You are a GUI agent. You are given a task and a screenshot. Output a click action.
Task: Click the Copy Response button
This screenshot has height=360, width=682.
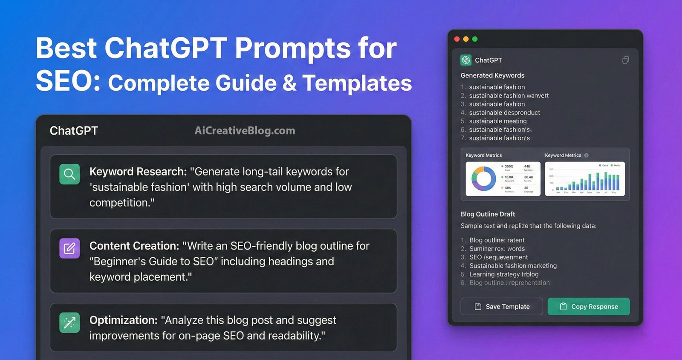(x=589, y=306)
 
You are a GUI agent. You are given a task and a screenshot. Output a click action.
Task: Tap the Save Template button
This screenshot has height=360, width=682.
(x=502, y=306)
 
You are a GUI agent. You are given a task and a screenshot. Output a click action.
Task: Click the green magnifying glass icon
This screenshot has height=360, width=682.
(x=69, y=174)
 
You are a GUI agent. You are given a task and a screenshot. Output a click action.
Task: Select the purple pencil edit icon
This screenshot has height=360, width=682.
(x=69, y=248)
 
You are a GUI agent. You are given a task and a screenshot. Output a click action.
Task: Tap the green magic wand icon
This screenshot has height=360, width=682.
(x=69, y=323)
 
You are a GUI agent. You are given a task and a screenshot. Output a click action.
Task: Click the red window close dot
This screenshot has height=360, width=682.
(x=457, y=39)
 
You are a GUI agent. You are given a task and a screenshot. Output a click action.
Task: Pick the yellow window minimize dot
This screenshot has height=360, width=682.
(x=466, y=39)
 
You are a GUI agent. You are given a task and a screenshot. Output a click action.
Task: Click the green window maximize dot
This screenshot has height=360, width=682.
(x=475, y=39)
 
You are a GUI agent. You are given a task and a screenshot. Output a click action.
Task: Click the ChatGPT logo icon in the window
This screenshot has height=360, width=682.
(x=466, y=60)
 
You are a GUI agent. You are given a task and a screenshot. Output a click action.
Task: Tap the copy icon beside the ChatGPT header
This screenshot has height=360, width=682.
(x=625, y=60)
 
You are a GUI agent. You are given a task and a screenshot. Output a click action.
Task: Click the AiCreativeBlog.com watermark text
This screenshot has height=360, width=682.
(x=245, y=131)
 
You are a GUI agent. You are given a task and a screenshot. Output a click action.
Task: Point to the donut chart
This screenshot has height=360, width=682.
(x=484, y=179)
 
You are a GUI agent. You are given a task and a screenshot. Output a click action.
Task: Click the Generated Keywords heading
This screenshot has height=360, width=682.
(x=492, y=75)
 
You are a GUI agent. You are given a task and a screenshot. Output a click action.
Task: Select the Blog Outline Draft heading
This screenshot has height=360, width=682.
(x=488, y=214)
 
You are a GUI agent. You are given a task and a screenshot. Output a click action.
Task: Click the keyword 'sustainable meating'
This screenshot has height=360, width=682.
(x=498, y=121)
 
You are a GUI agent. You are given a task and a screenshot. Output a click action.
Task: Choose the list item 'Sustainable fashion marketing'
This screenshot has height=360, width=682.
(x=513, y=265)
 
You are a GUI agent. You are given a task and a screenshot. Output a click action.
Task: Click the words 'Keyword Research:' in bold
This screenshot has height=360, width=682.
(x=138, y=172)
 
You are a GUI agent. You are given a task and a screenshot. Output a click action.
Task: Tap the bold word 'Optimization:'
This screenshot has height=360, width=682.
(x=124, y=320)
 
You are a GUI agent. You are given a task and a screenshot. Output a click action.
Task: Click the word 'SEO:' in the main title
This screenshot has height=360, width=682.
(x=68, y=81)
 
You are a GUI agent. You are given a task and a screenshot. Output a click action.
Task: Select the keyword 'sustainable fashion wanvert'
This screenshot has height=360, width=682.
(x=509, y=95)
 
